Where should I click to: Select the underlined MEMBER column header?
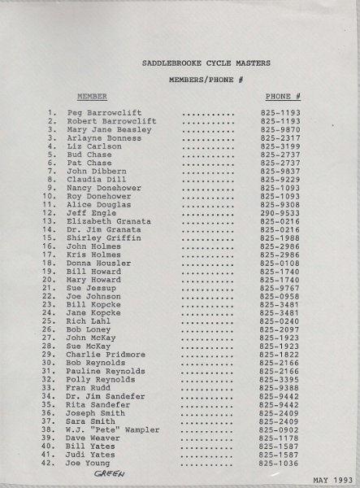115,96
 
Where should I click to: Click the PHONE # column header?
283,96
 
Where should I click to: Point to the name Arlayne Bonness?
103,138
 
